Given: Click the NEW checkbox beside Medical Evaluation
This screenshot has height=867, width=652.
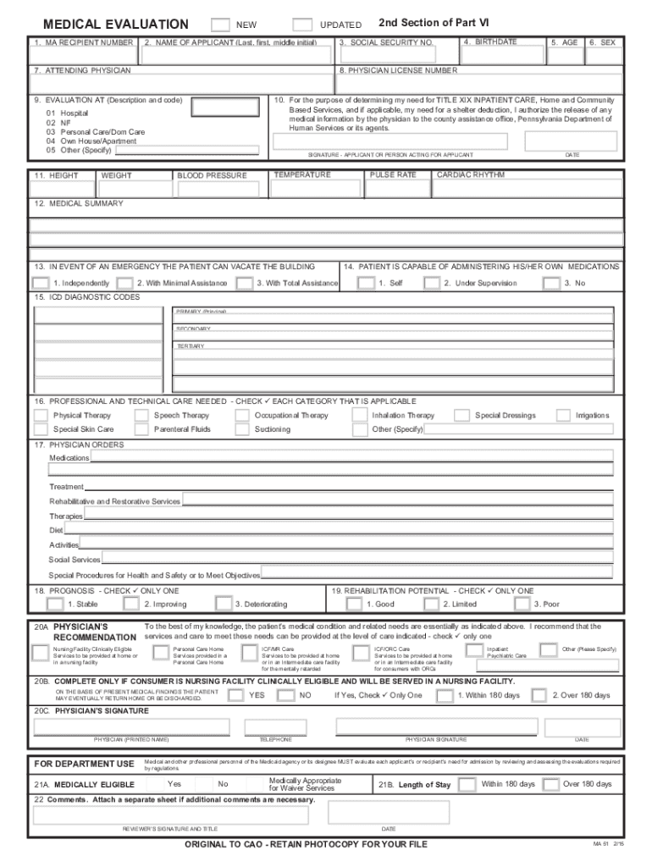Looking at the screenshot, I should (x=219, y=25).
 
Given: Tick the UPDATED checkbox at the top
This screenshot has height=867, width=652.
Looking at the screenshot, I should (x=301, y=25).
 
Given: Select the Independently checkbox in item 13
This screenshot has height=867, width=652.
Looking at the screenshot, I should (x=40, y=283).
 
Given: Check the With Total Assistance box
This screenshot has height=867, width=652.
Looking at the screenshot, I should (x=244, y=283).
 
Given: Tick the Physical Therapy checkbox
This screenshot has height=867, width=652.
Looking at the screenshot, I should (x=40, y=416).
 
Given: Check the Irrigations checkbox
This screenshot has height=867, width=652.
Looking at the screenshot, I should (x=563, y=416).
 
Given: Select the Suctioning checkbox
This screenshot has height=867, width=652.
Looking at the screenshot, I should (x=242, y=430).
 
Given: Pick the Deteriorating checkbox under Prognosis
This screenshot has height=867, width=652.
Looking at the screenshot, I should (x=224, y=604).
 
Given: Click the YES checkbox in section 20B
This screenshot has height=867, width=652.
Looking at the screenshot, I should (x=236, y=695).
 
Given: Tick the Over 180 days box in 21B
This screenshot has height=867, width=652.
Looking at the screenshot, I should (x=550, y=785).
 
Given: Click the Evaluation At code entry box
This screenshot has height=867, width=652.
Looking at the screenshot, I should (x=225, y=108).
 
